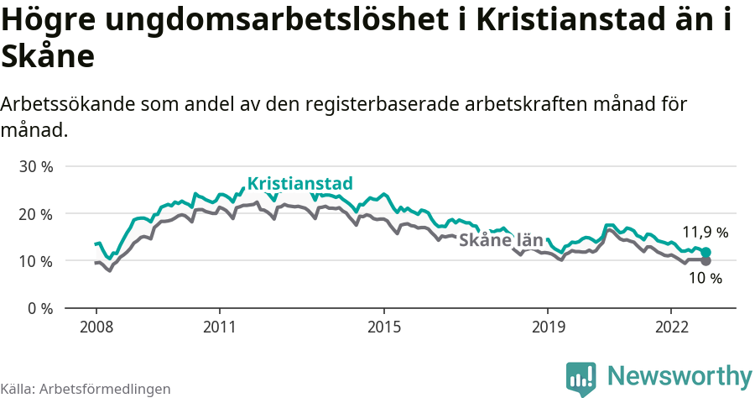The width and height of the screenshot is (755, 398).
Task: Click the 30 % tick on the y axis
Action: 36,166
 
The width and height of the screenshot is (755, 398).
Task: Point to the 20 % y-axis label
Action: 36,213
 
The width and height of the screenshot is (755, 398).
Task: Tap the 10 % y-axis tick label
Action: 36,261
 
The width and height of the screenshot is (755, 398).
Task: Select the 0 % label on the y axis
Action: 39,308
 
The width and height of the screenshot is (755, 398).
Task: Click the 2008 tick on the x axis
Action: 96,326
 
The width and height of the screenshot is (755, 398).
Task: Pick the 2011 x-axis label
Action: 219,326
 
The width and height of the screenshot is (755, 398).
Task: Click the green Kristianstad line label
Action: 299,184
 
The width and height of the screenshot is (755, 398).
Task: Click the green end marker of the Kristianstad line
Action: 706,252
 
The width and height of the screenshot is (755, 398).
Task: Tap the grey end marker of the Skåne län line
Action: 706,261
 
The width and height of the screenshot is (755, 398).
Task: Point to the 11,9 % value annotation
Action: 705,233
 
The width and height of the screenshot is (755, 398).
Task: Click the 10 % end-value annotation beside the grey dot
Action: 705,279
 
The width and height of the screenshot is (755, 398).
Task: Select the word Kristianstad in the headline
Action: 570,22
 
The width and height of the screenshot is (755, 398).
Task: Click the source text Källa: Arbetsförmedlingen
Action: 86,389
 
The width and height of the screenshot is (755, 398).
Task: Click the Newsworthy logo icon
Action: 581,378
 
